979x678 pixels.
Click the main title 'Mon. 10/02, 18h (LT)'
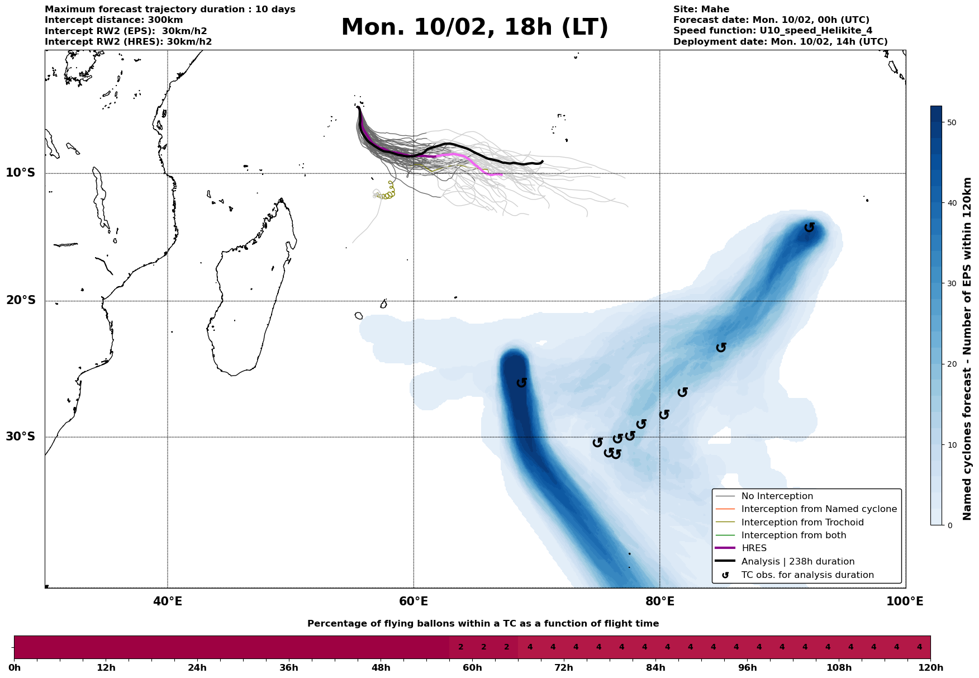point(474,27)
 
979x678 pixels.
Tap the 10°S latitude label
point(21,173)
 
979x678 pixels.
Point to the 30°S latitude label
point(21,437)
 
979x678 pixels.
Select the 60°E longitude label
point(414,602)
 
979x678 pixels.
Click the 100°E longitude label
point(905,602)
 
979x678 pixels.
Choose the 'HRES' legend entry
point(754,548)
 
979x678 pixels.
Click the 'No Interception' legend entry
point(777,496)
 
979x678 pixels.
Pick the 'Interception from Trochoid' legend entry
point(802,523)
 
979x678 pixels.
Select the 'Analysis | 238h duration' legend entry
point(797,562)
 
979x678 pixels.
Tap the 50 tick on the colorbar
point(949,122)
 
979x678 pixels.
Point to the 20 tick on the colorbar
point(949,364)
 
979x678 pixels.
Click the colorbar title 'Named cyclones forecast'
point(968,349)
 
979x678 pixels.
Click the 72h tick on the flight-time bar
point(564,668)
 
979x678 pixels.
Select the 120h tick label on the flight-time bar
point(930,668)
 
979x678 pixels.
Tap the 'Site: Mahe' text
point(701,10)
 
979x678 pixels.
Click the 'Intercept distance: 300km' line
point(113,20)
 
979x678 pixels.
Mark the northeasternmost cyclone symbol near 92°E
point(809,227)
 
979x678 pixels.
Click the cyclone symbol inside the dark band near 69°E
point(522,383)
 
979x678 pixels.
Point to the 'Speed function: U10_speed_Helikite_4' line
point(772,31)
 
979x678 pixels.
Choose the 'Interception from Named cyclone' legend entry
point(819,509)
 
